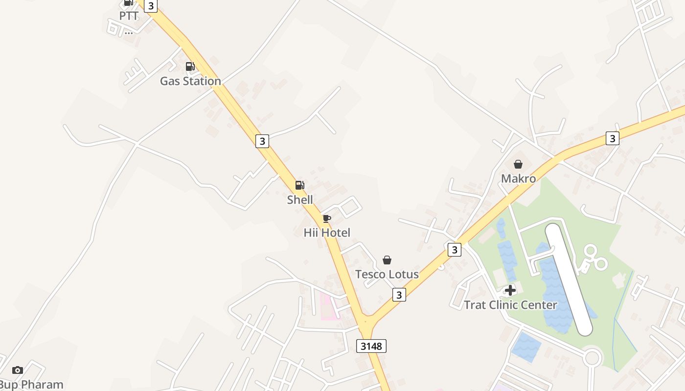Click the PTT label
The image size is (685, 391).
tap(129, 16)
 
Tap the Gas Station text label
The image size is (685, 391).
tap(190, 81)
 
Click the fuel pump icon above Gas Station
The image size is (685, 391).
tap(190, 66)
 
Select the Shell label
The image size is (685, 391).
tap(300, 199)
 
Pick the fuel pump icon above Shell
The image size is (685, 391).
tap(299, 185)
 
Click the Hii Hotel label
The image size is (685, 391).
tap(327, 233)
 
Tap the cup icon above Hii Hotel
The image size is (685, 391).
tap(327, 218)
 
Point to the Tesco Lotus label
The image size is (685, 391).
tap(387, 274)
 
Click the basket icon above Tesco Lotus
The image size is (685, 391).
tap(387, 260)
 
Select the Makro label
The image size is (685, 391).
tap(518, 178)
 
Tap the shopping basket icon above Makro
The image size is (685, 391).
tap(518, 164)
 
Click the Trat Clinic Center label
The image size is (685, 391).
tap(510, 305)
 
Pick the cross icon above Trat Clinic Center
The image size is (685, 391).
tap(510, 290)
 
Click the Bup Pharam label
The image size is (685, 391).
tap(32, 385)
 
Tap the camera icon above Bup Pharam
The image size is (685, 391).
tap(18, 370)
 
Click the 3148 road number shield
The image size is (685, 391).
tap(371, 346)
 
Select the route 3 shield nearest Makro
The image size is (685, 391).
tap(612, 138)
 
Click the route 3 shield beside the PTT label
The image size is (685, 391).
tap(151, 6)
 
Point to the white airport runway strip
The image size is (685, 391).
tap(569, 279)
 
